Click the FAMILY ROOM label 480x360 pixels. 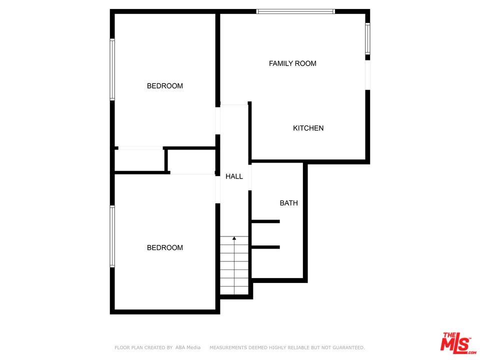[x=292, y=63]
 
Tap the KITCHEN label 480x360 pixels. [x=308, y=128]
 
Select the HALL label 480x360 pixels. [x=234, y=176]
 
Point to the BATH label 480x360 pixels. [x=288, y=203]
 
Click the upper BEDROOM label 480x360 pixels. [x=164, y=86]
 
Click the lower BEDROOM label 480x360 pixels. [x=164, y=247]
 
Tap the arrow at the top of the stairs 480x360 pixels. [x=234, y=238]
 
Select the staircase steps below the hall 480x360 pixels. [x=234, y=267]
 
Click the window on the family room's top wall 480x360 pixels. [x=295, y=11]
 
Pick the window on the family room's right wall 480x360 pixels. [x=367, y=39]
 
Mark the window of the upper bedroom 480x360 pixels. [x=112, y=70]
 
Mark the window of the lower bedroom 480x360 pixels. [x=112, y=236]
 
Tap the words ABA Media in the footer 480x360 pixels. [x=187, y=347]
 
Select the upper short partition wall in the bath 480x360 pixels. [x=265, y=221]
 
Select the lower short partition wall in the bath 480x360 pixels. [x=265, y=247]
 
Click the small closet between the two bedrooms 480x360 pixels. [x=140, y=160]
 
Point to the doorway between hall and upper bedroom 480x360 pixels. [x=217, y=120]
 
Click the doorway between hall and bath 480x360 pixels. [x=250, y=177]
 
